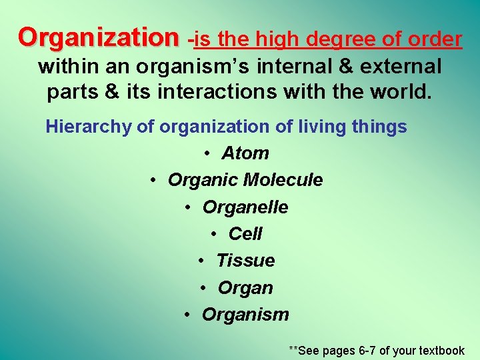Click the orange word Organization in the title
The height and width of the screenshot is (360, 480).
coord(99,38)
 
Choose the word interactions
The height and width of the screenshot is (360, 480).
coord(224,92)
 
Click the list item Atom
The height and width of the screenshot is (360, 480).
coord(245,153)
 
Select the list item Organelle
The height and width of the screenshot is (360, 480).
coord(245,207)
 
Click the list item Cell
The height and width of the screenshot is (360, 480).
coord(245,234)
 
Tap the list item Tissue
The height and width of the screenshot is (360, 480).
coord(245,261)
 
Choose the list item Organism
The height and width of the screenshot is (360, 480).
coord(245,315)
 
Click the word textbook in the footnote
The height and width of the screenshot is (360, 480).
coord(439,350)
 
